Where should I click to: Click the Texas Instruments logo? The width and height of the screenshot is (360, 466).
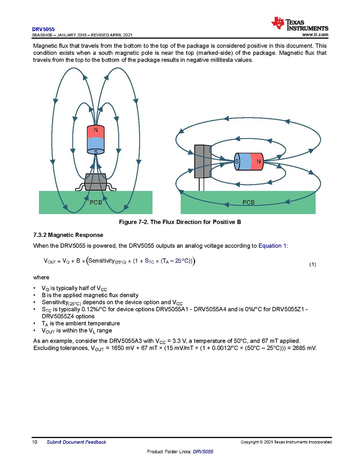point(300,24)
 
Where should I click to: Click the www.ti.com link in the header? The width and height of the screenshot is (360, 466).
point(315,35)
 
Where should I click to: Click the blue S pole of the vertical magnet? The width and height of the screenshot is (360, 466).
point(96,146)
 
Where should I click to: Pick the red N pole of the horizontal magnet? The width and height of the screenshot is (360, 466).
point(257,161)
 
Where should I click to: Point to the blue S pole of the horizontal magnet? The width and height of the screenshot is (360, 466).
point(241,161)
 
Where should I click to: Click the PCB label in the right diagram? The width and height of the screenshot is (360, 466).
point(248,202)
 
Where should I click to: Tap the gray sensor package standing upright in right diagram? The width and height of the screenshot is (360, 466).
point(202,161)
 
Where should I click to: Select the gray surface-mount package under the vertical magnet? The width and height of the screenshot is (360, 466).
point(96,182)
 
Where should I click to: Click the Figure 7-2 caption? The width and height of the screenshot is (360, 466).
point(180,222)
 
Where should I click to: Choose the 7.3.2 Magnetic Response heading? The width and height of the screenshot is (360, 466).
point(68,235)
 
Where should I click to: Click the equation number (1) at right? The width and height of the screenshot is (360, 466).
point(313,265)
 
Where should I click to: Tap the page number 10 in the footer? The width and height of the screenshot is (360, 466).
point(35,442)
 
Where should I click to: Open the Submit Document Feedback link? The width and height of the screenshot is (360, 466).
point(76,442)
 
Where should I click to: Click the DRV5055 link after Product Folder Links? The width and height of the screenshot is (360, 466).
point(203,452)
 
